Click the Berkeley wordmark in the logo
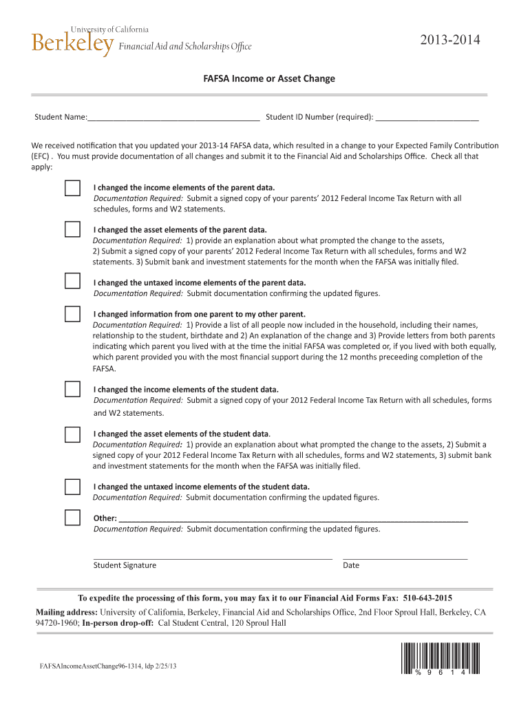tap(72, 44)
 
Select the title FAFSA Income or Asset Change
tap(268, 78)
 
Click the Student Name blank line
tap(173, 118)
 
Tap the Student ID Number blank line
tap(427, 118)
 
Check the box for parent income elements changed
tap(72, 188)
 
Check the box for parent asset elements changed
tap(72, 230)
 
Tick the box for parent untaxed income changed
tap(72, 281)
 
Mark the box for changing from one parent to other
tap(72, 315)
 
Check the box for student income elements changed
tap(72, 389)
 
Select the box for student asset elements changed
tap(72, 434)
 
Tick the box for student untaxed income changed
tap(72, 487)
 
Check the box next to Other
tap(72, 517)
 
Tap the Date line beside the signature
tap(405, 556)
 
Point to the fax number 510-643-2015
tap(427, 598)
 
